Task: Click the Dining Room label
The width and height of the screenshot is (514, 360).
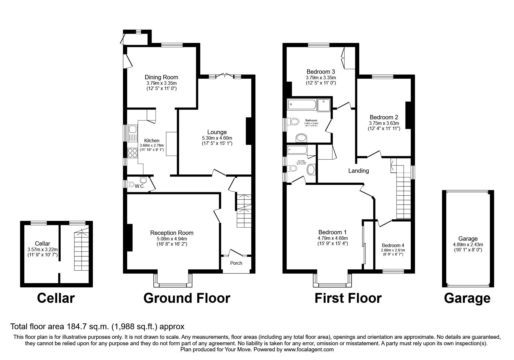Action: point(161,77)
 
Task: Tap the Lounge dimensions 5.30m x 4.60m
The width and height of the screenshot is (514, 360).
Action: point(217,138)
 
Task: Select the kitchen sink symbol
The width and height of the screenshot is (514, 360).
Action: point(133,133)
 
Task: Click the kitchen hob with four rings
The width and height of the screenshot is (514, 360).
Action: point(133,153)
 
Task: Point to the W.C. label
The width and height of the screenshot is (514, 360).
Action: point(140,186)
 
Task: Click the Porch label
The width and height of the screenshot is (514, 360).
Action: point(236,263)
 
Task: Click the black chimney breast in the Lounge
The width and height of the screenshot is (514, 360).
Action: point(249,131)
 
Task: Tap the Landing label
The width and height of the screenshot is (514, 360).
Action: point(358,171)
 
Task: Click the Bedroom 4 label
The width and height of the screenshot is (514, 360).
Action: point(393,245)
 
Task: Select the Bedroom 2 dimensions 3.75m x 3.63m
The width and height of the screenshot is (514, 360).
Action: point(384,123)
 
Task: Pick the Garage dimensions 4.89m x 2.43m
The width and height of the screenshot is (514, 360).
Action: point(468,244)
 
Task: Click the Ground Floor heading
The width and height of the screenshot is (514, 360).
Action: point(187,298)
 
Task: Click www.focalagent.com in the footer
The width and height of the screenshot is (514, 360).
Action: point(309,350)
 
